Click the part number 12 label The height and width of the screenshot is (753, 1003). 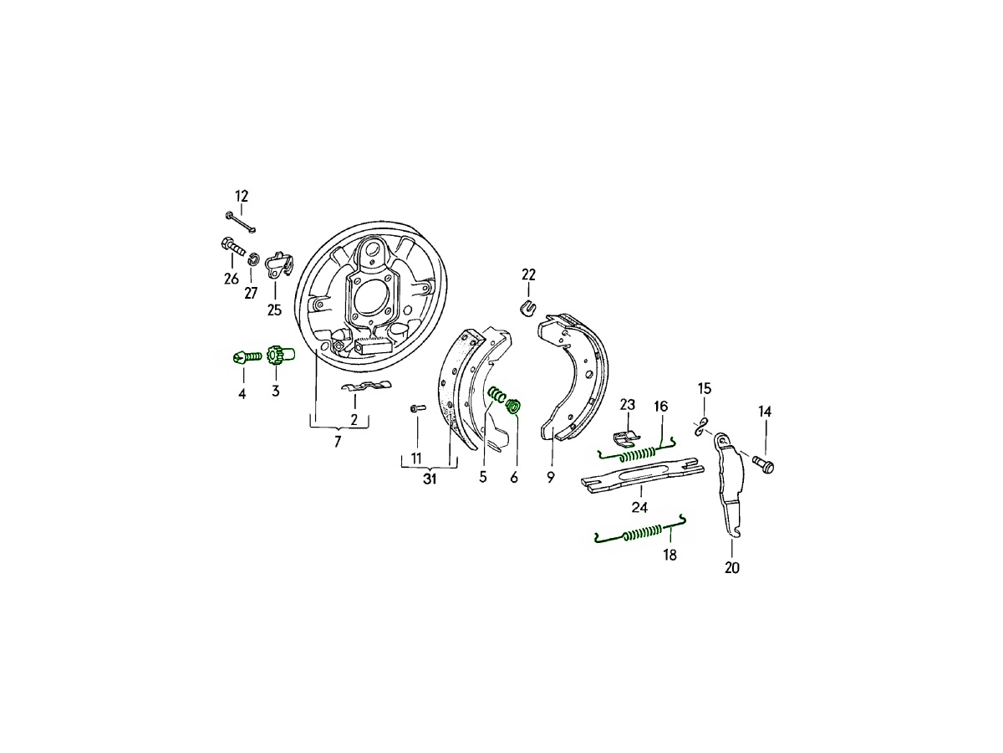click(242, 196)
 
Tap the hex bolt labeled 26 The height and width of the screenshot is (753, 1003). click(233, 247)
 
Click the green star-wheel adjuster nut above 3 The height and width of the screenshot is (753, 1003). click(281, 355)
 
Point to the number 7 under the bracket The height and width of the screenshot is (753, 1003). click(337, 442)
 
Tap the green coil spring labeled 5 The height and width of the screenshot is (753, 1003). click(497, 394)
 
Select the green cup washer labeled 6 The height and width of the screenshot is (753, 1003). click(514, 406)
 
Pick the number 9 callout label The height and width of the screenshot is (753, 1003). click(551, 477)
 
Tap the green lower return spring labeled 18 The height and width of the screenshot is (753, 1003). click(640, 530)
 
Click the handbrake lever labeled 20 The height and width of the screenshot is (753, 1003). click(728, 484)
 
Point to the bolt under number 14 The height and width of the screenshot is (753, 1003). click(764, 464)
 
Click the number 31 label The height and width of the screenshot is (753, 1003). click(430, 479)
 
